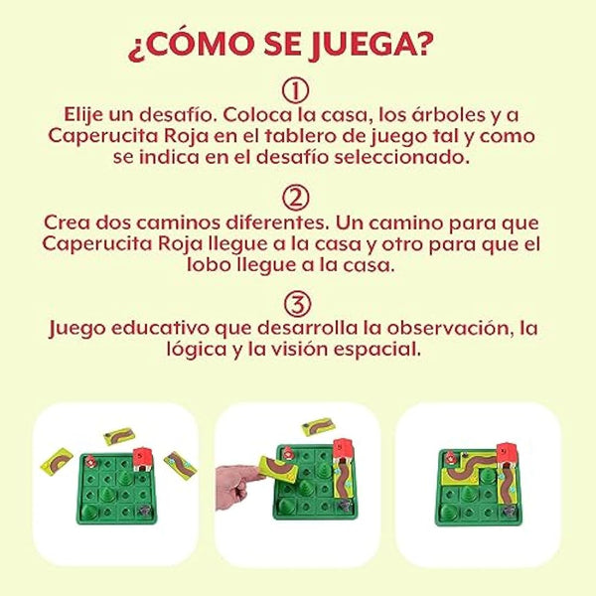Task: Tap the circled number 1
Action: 296,91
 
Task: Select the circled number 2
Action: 296,196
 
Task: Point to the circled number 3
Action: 296,301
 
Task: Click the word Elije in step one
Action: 88,113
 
